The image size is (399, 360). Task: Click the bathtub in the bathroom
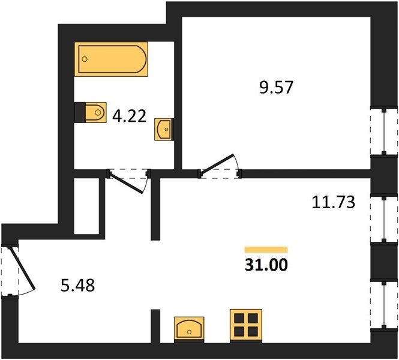click(x=111, y=59)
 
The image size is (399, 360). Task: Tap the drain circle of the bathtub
click(x=85, y=59)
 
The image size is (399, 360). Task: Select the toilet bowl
click(x=95, y=112)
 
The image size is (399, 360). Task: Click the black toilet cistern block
click(x=80, y=112)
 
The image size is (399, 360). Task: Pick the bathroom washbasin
click(x=164, y=129)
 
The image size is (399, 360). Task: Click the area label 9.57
click(x=277, y=87)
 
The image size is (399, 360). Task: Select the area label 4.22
click(x=129, y=116)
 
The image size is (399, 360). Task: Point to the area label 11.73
click(x=334, y=202)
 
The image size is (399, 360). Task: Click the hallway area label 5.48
click(x=78, y=285)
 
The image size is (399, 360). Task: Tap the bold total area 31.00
click(x=266, y=265)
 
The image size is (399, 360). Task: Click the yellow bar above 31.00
click(x=266, y=250)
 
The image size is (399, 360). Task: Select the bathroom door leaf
click(x=127, y=183)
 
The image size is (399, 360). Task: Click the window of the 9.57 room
click(x=384, y=132)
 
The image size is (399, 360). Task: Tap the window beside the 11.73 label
click(x=384, y=218)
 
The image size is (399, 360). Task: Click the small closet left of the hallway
click(x=86, y=206)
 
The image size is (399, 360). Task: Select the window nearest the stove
click(x=384, y=305)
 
